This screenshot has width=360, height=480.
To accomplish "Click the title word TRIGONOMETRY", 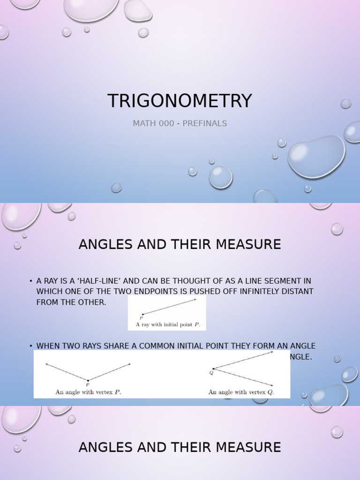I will point(180,101).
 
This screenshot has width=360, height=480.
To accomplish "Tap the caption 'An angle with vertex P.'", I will point(88,392).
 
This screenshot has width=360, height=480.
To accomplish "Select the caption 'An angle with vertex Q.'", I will point(241,392).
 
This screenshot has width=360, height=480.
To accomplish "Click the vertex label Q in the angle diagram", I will point(211,374).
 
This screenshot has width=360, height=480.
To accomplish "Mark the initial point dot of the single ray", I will point(142,314).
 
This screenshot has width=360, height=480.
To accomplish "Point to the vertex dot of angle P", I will point(88,380).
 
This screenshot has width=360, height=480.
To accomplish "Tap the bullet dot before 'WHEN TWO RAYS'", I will point(30,346).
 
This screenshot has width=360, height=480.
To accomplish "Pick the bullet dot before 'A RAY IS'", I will point(30,281).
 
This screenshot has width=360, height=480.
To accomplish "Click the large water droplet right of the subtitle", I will point(316,157).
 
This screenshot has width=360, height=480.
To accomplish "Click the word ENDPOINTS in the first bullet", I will point(173,292).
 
